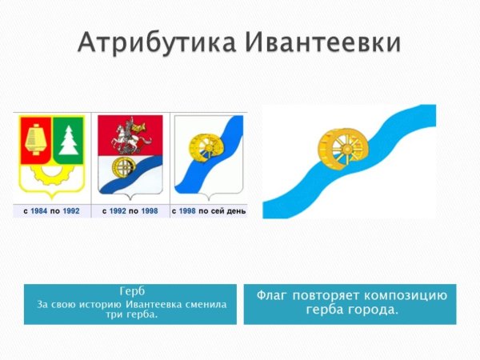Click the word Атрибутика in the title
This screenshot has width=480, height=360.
click(157, 42)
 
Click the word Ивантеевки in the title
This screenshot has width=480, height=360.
click(323, 42)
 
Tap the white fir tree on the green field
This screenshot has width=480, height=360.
click(69, 139)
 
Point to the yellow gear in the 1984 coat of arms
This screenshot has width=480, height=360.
click(52, 175)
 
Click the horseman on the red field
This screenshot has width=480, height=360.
click(130, 136)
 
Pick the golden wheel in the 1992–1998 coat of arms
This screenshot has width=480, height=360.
click(123, 168)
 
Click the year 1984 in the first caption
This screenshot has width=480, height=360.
click(39, 211)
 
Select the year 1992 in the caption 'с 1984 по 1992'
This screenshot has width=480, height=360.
click(71, 211)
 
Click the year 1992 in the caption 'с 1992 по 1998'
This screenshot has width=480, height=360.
click(118, 211)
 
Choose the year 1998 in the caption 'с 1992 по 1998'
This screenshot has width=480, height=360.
click(150, 211)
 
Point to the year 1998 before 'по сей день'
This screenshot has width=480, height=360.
click(187, 211)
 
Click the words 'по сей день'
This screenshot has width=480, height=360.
click(222, 211)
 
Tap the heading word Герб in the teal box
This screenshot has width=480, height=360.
click(132, 291)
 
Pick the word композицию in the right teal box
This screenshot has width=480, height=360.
click(406, 296)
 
